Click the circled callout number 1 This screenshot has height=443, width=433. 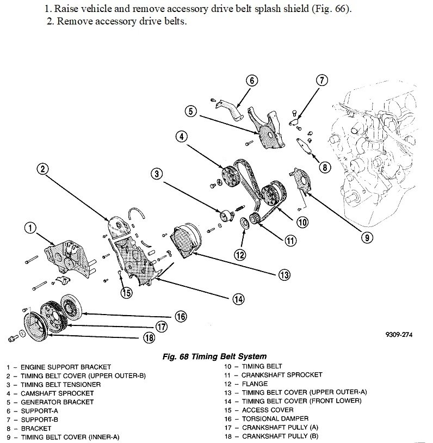pos(30,227)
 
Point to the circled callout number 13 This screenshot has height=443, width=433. pos(283,275)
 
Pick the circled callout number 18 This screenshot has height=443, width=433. pos(149,337)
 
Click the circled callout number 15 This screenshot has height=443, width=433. pos(126,293)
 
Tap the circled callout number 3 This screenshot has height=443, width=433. pos(156,174)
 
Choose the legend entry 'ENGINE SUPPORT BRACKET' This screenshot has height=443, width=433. pos(66,367)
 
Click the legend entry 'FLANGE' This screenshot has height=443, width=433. pos(255,384)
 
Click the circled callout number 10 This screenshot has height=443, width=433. pos(302,221)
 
